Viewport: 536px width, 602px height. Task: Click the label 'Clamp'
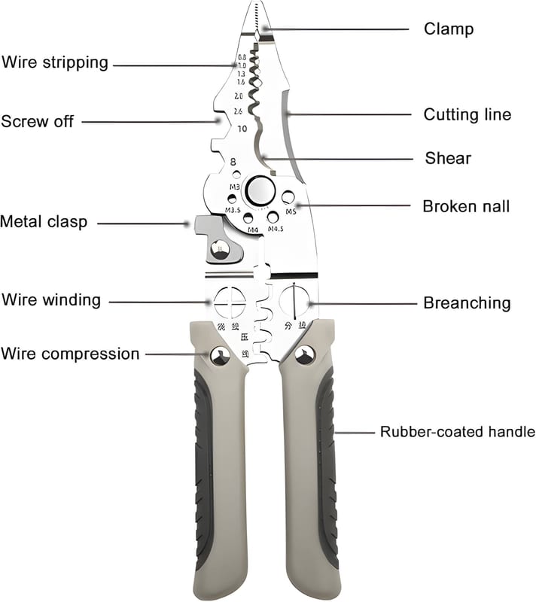(448, 29)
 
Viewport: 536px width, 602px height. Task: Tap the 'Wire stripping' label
(55, 62)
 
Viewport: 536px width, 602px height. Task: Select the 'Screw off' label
(38, 120)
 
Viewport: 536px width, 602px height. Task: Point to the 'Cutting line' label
(467, 114)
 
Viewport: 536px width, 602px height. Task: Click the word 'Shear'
(448, 158)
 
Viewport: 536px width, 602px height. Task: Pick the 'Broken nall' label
(466, 205)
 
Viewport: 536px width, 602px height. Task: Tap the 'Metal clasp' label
(44, 222)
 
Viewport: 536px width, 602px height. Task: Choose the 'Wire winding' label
(51, 299)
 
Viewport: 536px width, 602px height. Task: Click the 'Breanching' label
(467, 303)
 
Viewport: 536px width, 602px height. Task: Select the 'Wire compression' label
(70, 353)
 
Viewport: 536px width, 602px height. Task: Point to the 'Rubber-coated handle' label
(457, 432)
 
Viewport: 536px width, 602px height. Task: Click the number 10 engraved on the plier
(241, 129)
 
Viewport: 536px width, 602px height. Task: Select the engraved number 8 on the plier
(233, 160)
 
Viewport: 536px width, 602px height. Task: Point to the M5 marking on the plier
(290, 211)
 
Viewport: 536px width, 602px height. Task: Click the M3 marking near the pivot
(234, 186)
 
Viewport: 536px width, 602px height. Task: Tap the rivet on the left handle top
(220, 357)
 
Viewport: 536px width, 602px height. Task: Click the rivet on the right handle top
(305, 355)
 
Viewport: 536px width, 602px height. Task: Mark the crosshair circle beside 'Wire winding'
(230, 302)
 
